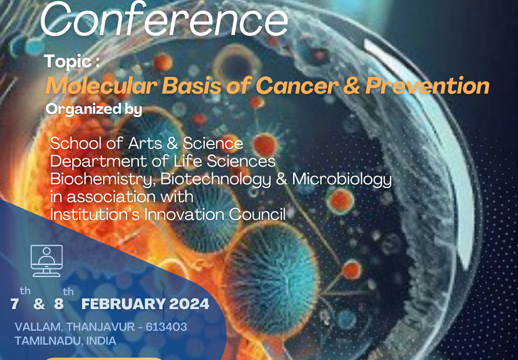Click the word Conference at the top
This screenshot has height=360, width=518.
pos(164,19)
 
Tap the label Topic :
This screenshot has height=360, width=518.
pos(72,61)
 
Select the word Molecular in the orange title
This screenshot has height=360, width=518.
pos(101,86)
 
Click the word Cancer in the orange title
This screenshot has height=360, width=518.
pos(297,86)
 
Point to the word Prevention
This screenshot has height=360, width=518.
pos(427,86)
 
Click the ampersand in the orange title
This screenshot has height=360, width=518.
pos(351,86)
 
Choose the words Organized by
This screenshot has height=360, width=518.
pos(94,109)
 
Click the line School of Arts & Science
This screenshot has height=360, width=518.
pos(147,144)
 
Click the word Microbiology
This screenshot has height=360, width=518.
pos(342,180)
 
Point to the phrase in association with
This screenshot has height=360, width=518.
pos(121,197)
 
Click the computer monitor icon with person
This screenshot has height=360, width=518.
pos(47,261)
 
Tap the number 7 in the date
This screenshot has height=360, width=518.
pos(14,304)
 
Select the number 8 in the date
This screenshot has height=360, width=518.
pos(59,304)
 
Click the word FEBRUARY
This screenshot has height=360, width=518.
pos(123,304)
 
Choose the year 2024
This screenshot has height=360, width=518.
pos(189,304)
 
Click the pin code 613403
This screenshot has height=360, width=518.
pos(166,327)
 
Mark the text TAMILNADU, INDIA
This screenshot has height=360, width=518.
pos(65,341)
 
